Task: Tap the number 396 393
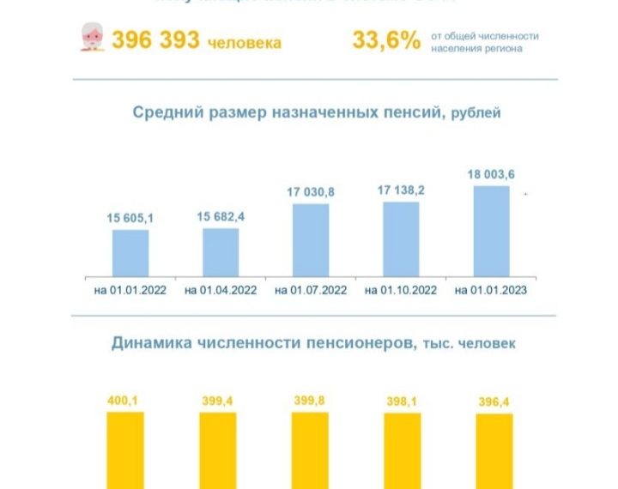click(x=155, y=40)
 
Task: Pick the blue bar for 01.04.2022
click(x=221, y=251)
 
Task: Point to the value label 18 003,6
click(x=491, y=175)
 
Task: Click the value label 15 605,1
click(x=130, y=219)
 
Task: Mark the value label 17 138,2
click(x=401, y=191)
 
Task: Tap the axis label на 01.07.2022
click(x=311, y=290)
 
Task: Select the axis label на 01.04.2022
click(x=221, y=290)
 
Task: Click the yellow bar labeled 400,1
click(x=124, y=450)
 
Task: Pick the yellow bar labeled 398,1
click(x=402, y=451)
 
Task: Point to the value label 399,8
click(x=310, y=400)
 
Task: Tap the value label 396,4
click(x=494, y=401)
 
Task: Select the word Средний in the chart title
click(x=164, y=113)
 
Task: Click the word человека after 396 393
click(x=245, y=43)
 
